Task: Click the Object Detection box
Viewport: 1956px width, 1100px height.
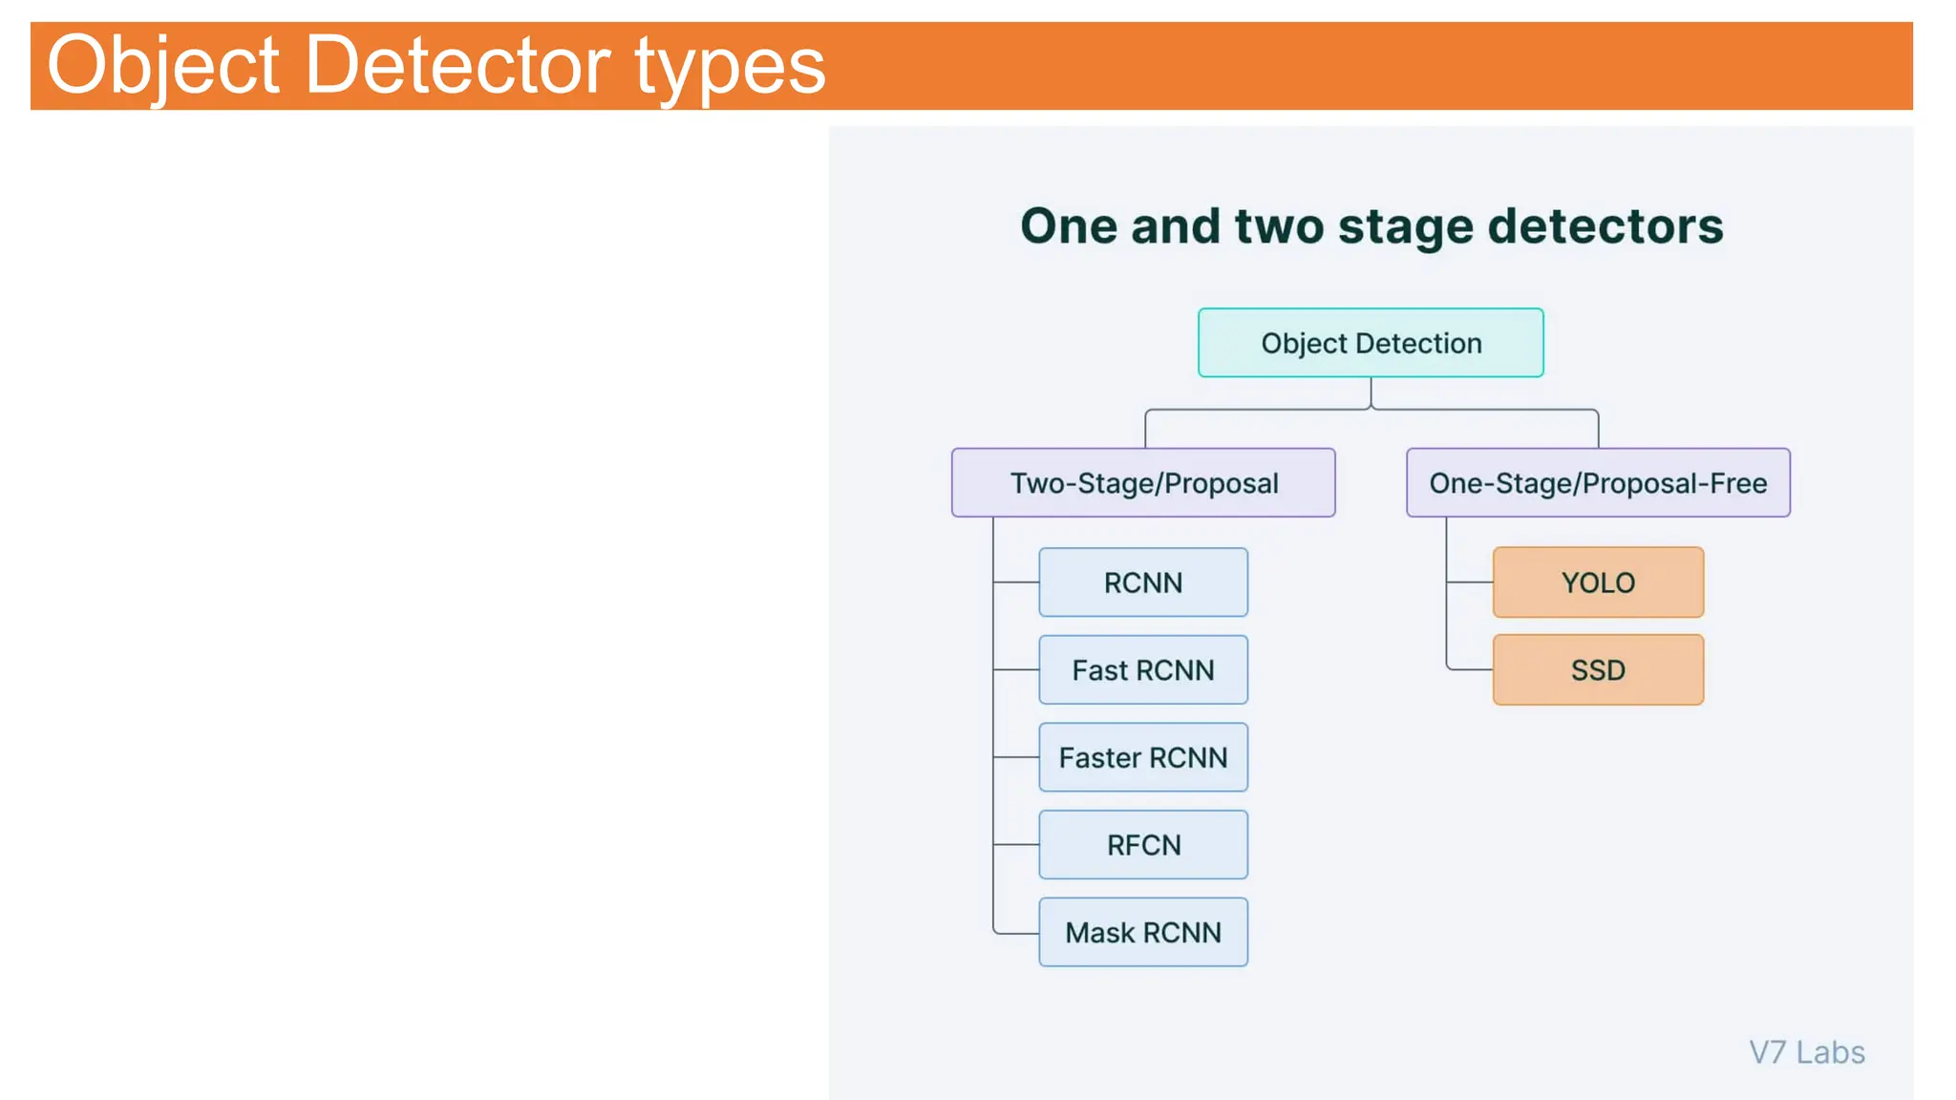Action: [x=1371, y=343]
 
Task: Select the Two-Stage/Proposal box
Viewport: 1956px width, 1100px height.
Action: [x=1143, y=483]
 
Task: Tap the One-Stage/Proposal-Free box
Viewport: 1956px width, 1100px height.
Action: [x=1598, y=483]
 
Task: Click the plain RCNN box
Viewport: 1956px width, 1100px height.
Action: [x=1143, y=582]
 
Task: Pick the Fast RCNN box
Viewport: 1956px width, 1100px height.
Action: [x=1143, y=670]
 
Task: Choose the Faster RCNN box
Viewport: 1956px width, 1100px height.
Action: [x=1143, y=757]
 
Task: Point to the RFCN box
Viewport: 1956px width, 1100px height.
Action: [x=1143, y=845]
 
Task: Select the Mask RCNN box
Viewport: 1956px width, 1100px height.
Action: [x=1143, y=932]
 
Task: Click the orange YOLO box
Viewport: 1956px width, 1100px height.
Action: [x=1598, y=582]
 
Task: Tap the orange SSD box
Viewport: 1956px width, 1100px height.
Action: [x=1598, y=670]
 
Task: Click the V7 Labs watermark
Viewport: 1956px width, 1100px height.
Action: [x=1806, y=1052]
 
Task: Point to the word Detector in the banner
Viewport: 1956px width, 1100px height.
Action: [x=457, y=65]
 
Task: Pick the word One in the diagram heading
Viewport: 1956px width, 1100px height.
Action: [x=1068, y=226]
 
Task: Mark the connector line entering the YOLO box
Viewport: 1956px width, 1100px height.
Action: [x=1471, y=582]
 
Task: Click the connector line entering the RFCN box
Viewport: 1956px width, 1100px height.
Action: [x=1016, y=845]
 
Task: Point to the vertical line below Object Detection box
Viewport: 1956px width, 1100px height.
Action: [x=1371, y=392]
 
